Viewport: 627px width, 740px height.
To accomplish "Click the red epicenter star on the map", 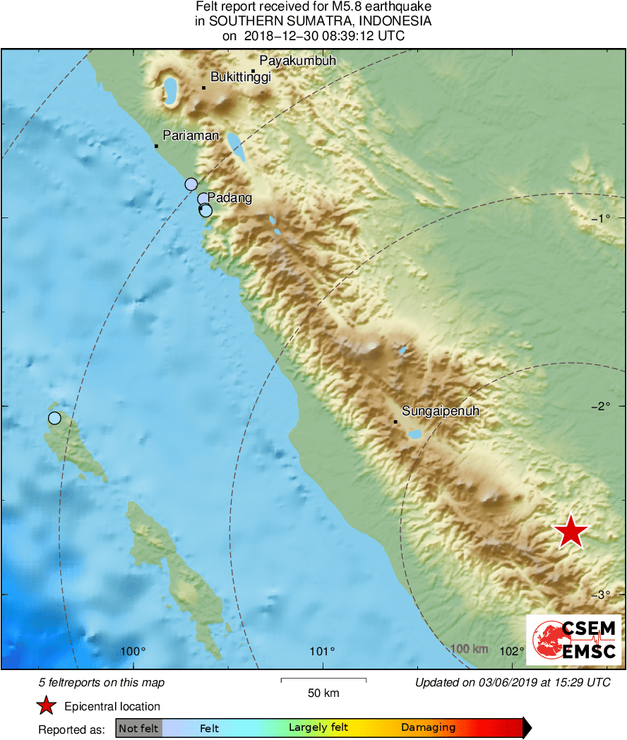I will click(571, 532).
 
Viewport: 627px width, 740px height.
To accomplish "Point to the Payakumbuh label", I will click(298, 61).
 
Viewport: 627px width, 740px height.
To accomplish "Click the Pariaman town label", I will click(191, 136).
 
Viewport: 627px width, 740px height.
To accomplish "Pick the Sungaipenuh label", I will click(436, 410).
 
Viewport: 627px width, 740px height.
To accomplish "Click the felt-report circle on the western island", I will click(54, 418).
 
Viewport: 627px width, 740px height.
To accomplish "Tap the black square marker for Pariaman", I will click(156, 146).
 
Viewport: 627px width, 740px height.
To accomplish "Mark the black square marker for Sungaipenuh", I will click(395, 422).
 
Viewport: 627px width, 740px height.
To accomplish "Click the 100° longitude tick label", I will click(133, 651).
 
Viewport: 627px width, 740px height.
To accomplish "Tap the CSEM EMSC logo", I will click(573, 640).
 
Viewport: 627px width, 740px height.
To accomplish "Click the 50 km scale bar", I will click(323, 680).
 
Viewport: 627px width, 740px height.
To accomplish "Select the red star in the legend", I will click(46, 705).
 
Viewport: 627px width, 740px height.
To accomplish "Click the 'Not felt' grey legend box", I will click(138, 728).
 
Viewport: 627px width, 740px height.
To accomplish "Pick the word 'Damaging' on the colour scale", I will click(428, 728).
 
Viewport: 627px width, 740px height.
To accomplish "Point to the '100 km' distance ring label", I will click(469, 649).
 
